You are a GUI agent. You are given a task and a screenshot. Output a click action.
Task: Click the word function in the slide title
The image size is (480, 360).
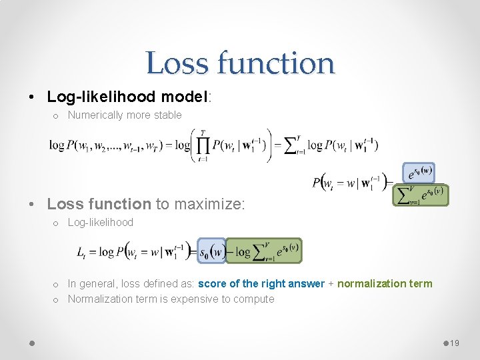pyautogui.click(x=273, y=63)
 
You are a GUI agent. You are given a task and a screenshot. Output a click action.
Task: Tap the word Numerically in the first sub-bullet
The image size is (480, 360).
pyautogui.click(x=95, y=115)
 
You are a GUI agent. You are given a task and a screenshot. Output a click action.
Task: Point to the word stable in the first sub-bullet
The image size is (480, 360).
pyautogui.click(x=166, y=115)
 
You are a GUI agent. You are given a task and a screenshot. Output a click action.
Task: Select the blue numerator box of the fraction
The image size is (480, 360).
pyautogui.click(x=419, y=173)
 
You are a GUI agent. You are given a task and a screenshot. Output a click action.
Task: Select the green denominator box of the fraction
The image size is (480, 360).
pyautogui.click(x=421, y=195)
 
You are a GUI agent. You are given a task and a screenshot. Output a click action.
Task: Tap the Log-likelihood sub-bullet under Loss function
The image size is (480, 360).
pyautogui.click(x=101, y=223)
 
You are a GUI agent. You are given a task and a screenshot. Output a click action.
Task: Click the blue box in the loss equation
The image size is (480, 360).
pyautogui.click(x=213, y=252)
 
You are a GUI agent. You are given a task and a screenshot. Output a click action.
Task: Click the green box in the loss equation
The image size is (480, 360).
pyautogui.click(x=264, y=252)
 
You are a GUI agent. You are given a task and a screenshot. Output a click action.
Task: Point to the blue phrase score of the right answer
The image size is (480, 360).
pyautogui.click(x=261, y=284)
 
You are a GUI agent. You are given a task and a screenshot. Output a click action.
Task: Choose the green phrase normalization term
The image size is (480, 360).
pyautogui.click(x=385, y=284)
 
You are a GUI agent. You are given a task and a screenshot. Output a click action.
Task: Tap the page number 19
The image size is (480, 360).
pyautogui.click(x=455, y=343)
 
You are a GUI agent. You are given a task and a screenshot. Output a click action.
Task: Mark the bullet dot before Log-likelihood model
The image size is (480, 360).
pyautogui.click(x=33, y=97)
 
